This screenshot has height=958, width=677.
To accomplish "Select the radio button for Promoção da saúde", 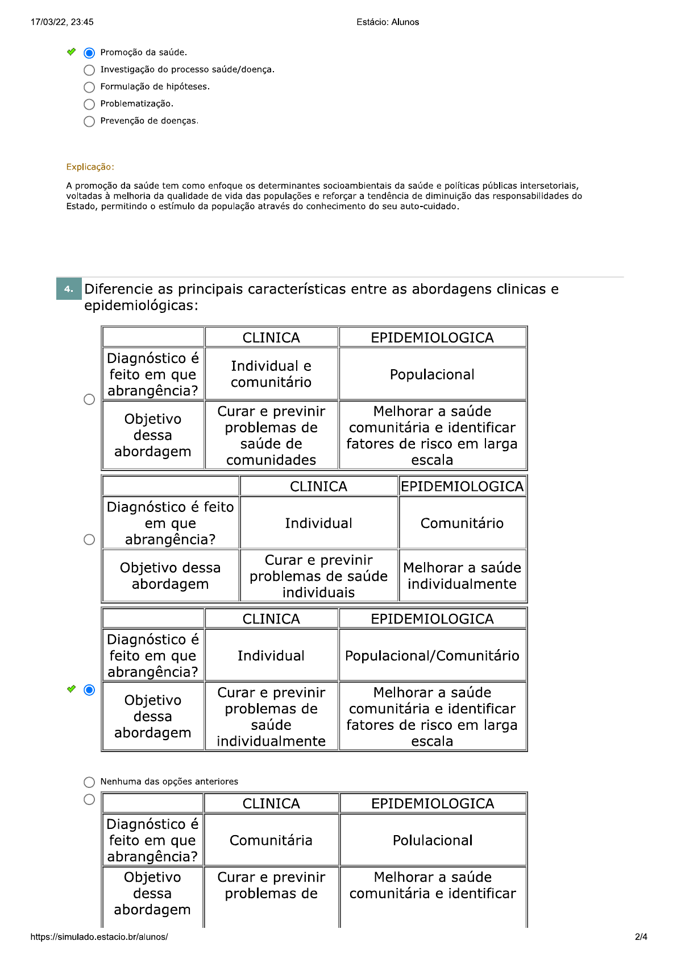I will coord(89,53).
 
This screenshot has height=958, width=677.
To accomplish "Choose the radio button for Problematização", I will coord(89,104).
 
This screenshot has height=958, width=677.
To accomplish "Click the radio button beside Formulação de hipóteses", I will coord(89,87).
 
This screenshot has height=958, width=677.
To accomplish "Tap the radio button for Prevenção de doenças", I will coord(89,121).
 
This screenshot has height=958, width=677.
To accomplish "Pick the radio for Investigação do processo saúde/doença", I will coord(89,70).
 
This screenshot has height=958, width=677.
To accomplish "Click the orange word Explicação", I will coord(90,167).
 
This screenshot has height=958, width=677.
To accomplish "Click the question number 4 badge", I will coord(69,289).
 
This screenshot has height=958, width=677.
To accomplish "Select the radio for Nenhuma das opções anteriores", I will coord(89,782).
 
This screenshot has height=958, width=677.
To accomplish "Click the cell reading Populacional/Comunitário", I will coord(432,656).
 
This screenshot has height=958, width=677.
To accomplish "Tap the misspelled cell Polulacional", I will coord(433,840).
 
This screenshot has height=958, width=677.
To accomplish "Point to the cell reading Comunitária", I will coord(271,840).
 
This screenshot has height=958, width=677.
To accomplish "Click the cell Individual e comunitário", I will coord(271,374).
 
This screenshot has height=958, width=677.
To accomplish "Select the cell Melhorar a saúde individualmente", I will coord(462,576).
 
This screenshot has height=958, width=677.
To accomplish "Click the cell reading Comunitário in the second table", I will coord(462,523).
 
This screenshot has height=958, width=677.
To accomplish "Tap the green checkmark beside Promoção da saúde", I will coord(71,52).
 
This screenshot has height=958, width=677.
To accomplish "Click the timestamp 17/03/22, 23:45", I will coord(62,22).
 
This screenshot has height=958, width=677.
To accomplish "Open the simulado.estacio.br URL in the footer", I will coord(99,937).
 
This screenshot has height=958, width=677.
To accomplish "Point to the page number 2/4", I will coord(641,937).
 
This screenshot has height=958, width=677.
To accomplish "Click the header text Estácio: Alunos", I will coord(388,22).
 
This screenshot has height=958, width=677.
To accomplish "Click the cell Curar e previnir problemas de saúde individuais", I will coord(318,576).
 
